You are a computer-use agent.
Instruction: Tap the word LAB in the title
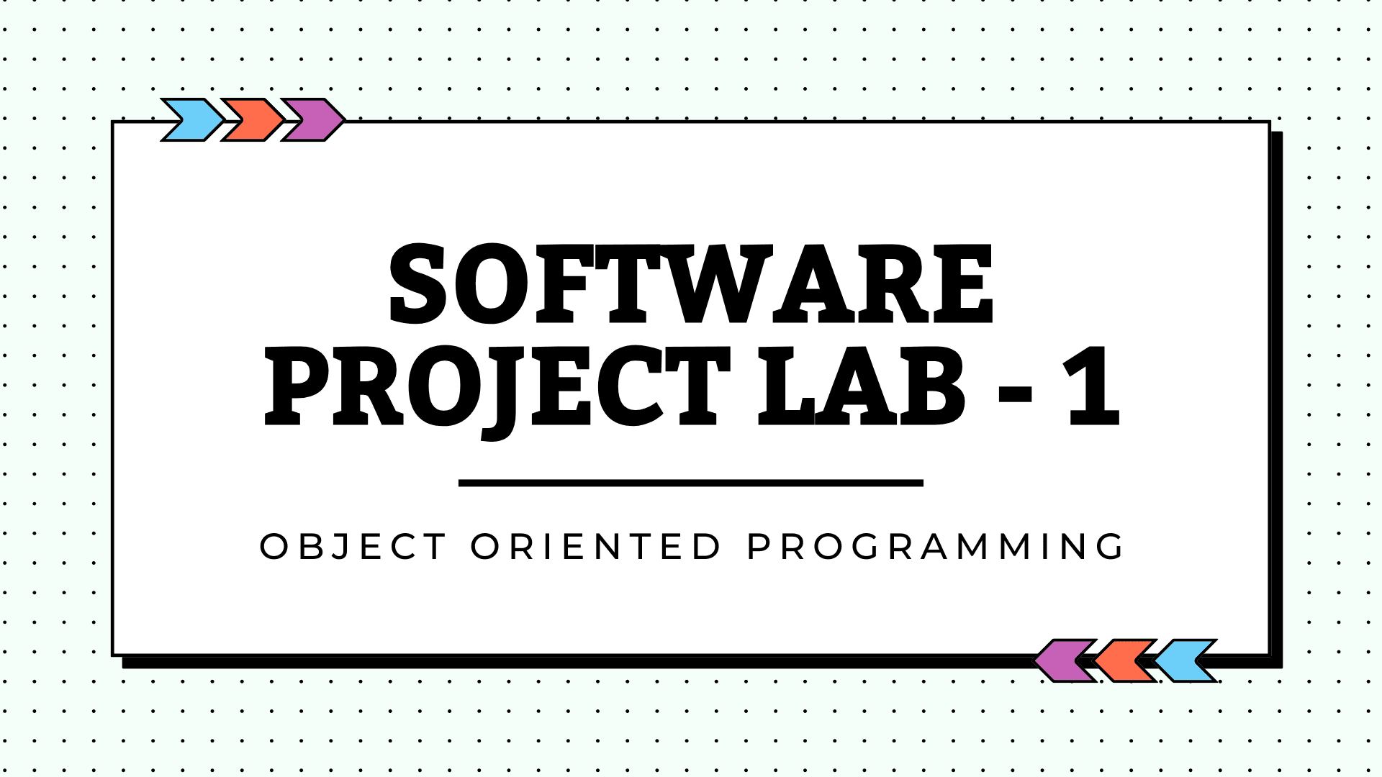(862, 386)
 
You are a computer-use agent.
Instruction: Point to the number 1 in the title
(1093, 386)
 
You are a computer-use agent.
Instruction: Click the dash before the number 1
(1016, 394)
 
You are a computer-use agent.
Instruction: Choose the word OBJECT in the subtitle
(353, 547)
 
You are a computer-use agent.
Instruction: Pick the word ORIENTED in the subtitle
(595, 547)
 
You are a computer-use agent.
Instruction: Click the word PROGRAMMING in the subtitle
(935, 547)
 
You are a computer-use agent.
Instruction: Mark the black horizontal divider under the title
(691, 483)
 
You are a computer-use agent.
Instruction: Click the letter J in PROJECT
(500, 393)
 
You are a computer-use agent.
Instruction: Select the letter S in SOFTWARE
(417, 283)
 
